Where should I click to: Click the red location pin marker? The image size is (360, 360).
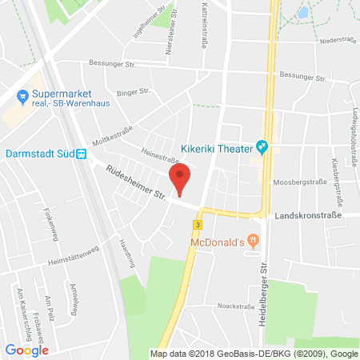tap(181, 177)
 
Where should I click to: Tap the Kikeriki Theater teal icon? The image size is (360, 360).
tap(261, 146)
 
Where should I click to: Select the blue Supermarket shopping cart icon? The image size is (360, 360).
tap(23, 98)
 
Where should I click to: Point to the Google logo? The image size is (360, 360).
tap(26, 349)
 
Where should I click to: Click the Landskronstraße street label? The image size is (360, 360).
tap(308, 216)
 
